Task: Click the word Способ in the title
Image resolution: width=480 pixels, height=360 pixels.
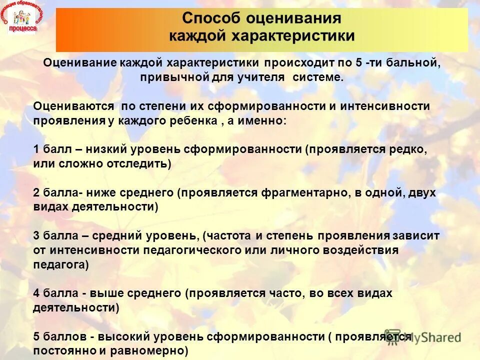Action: coord(211,18)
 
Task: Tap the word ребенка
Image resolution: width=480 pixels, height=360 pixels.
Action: coord(193,121)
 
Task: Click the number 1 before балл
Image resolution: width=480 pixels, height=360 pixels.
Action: coord(36,149)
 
